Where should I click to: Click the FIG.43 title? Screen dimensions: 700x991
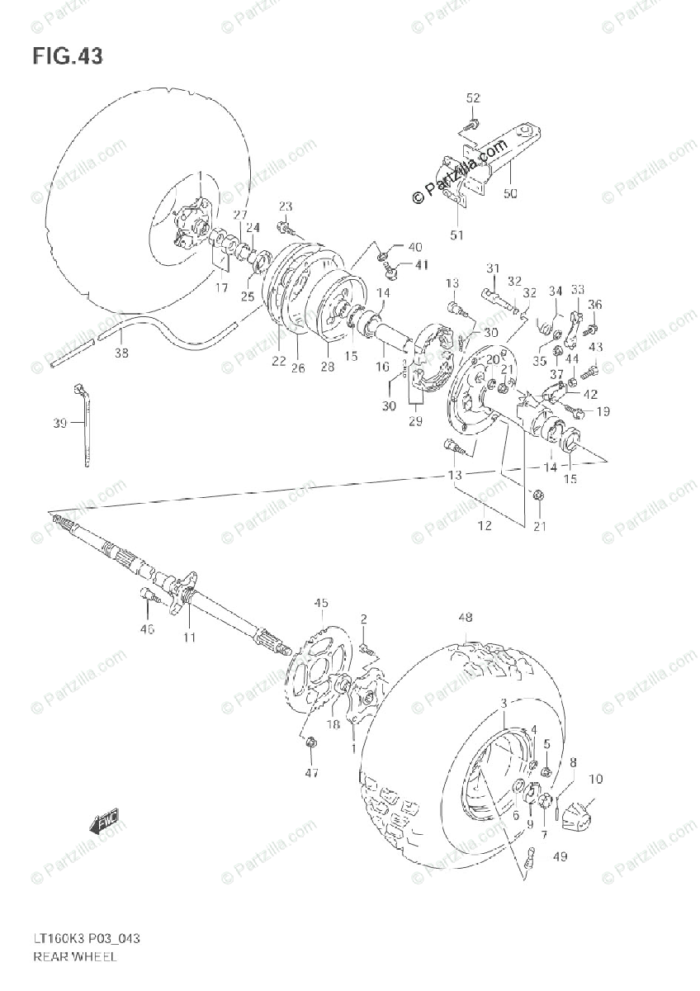point(68,56)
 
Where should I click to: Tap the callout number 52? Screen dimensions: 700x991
point(472,98)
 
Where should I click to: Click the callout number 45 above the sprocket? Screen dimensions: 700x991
point(321,603)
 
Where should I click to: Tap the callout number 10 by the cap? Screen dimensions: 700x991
point(595,779)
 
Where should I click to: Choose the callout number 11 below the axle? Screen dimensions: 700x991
point(190,637)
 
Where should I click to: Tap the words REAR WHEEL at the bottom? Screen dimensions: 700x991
point(74,957)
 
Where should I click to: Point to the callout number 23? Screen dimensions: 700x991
point(285,206)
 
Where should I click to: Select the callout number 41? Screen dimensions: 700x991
point(422,264)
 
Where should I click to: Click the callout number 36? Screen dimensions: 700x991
point(594,305)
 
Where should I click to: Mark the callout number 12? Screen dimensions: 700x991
point(485,525)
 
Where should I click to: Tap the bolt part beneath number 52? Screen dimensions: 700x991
point(471,126)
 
